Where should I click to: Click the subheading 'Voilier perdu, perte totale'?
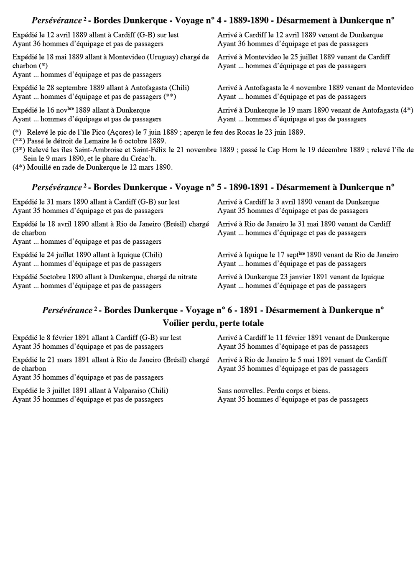pos(213,323)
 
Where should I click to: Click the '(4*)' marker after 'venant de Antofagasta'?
pos(407,110)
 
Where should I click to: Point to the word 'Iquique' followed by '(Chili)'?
pos(129,255)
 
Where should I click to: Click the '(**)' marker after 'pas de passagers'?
pos(170,97)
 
